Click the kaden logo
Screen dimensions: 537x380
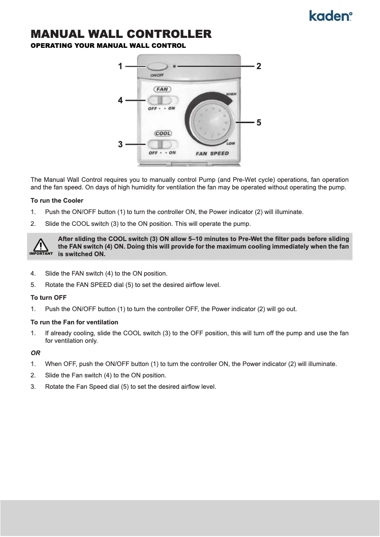[330, 16]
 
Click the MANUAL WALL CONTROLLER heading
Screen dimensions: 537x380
[121, 34]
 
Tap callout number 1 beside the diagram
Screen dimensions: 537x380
[120, 67]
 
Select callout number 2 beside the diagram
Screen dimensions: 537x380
[259, 67]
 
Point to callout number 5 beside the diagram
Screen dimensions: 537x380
[259, 123]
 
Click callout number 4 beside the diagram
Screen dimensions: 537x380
[120, 100]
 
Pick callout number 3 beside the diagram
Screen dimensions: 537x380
[120, 144]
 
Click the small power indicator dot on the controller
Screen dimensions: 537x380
[175, 67]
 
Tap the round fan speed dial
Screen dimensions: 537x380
[212, 123]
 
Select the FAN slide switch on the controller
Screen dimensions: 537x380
[162, 100]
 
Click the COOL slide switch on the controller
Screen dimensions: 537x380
[162, 144]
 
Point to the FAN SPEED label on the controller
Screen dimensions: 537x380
[212, 153]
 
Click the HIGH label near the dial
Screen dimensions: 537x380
[231, 94]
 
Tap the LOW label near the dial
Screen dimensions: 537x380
[231, 143]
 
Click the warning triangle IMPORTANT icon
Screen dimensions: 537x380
[41, 246]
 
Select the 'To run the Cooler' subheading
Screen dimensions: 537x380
[57, 201]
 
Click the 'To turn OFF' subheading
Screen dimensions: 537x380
[48, 297]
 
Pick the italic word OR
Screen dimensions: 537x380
[36, 353]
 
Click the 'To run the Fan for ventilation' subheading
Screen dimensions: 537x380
[74, 322]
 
